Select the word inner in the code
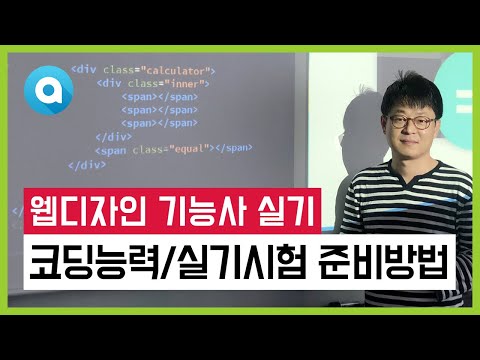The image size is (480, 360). [x=176, y=84]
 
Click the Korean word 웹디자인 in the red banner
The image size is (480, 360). [x=88, y=214]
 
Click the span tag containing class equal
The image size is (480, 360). [x=160, y=148]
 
